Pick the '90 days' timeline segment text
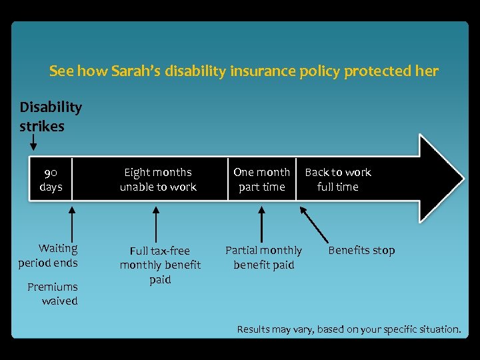tap(51, 179)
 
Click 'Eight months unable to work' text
tap(158, 179)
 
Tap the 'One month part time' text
tap(261, 179)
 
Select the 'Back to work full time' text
tap(338, 179)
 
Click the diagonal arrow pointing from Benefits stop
tap(314, 223)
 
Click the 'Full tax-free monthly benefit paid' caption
tap(160, 265)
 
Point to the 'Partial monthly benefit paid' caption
tap(263, 257)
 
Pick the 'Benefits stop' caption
tap(361, 251)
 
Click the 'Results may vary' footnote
tap(349, 329)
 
